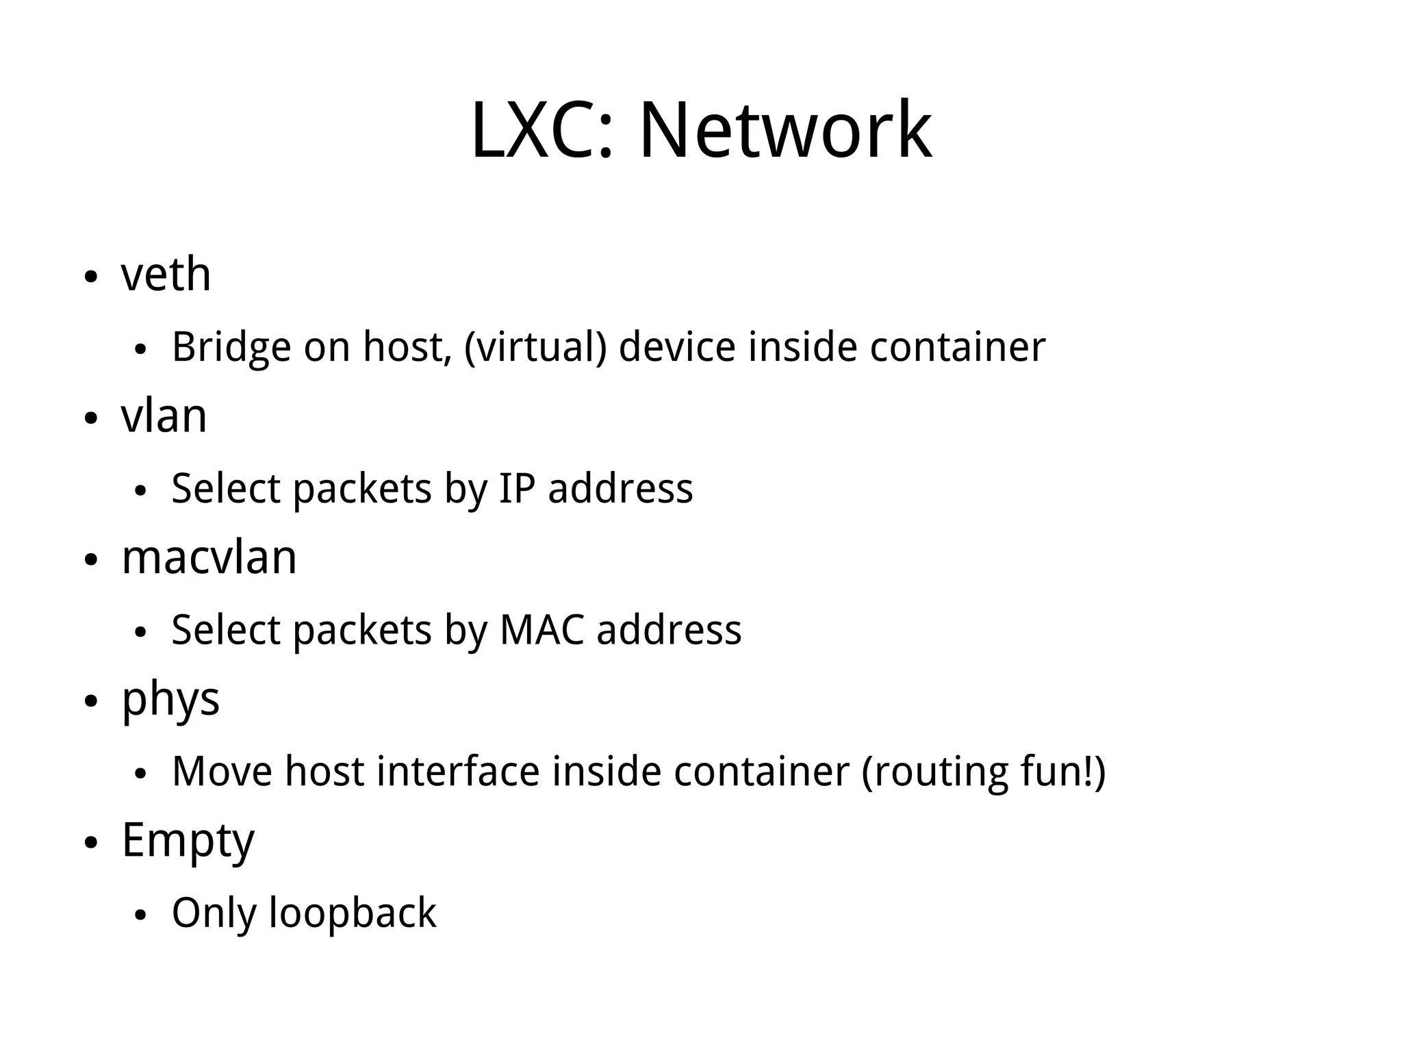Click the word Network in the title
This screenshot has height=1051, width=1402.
tap(785, 130)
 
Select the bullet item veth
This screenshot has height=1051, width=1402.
tap(166, 274)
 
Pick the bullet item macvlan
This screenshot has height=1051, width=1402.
tap(209, 557)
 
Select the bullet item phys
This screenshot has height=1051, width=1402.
tap(170, 700)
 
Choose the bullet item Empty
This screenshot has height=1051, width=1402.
tap(188, 841)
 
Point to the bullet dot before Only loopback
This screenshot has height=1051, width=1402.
tap(141, 916)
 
